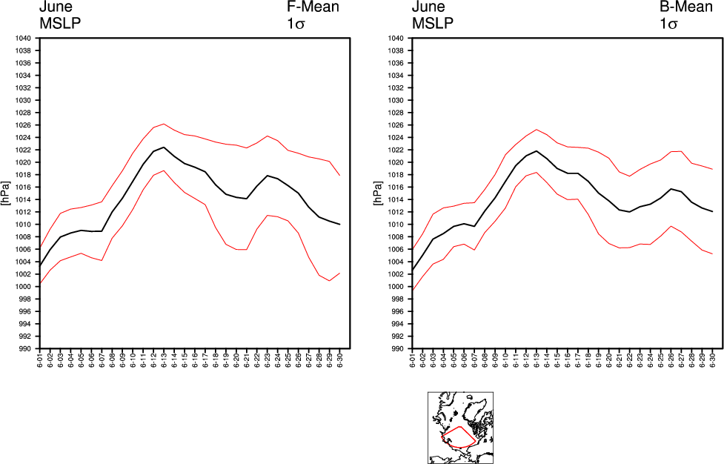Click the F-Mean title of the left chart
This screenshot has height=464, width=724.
click(313, 7)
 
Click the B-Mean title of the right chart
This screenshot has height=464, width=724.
click(685, 7)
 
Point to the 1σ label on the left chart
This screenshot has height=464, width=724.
click(296, 24)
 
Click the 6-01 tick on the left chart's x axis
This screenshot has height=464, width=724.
click(41, 361)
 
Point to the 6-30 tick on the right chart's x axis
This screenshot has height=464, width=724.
click(712, 361)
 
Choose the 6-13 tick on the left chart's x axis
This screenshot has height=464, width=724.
click(164, 361)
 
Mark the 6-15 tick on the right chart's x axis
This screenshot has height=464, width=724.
click(557, 361)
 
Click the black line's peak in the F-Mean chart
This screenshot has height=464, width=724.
click(164, 147)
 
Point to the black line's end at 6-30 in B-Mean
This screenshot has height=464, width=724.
click(712, 212)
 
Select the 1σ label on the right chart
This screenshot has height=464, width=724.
click(669, 24)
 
